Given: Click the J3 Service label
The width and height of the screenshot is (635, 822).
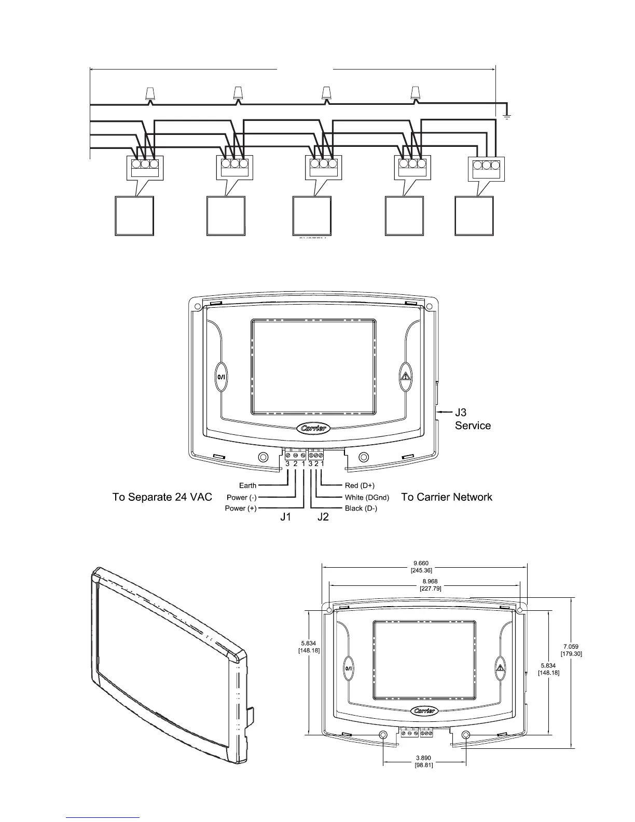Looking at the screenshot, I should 472,419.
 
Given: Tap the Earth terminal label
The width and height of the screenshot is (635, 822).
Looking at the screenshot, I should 247,486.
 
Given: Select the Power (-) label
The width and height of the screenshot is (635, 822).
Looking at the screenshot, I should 241,498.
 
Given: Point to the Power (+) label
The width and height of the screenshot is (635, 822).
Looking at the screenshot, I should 240,509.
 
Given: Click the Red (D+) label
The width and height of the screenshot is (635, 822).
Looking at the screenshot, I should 360,486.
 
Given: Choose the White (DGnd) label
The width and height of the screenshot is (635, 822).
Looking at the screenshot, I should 367,498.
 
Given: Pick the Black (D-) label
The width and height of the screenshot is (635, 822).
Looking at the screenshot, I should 361,509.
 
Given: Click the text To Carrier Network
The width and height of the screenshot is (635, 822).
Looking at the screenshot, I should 447,497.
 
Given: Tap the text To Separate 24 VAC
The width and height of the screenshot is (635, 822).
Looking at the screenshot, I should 162,497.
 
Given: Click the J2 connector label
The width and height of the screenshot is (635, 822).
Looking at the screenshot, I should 323,517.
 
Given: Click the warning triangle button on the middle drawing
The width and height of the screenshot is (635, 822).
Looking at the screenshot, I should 405,376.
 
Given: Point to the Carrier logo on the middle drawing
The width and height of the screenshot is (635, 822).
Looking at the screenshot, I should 313,429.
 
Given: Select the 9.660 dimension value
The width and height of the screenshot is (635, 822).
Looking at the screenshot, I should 421,563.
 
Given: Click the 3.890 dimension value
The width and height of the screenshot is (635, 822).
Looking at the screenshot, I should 424,758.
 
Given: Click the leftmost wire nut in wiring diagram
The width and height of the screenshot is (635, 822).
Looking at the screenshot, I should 149,93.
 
